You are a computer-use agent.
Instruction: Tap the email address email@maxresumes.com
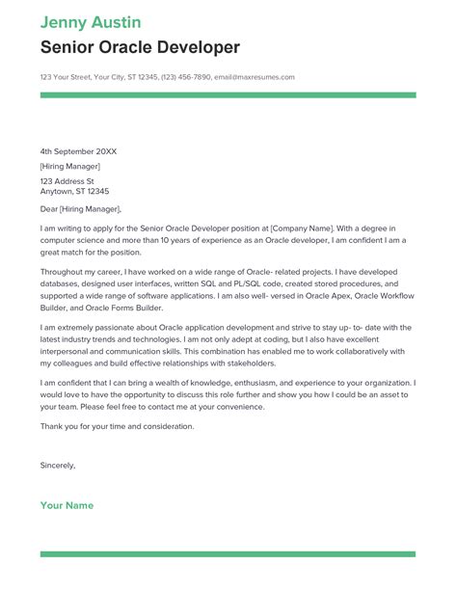tap(254, 77)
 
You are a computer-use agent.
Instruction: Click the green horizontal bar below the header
tap(228, 95)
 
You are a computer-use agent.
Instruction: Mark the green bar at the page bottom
tap(228, 554)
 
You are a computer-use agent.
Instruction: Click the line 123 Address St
tap(67, 180)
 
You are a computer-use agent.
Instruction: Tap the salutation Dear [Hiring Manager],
tap(81, 208)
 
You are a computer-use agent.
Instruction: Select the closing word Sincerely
tap(57, 466)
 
